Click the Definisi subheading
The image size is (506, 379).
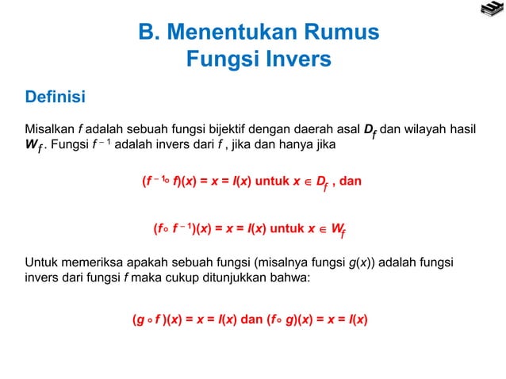(56, 98)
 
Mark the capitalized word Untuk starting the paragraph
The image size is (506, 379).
(41, 262)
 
